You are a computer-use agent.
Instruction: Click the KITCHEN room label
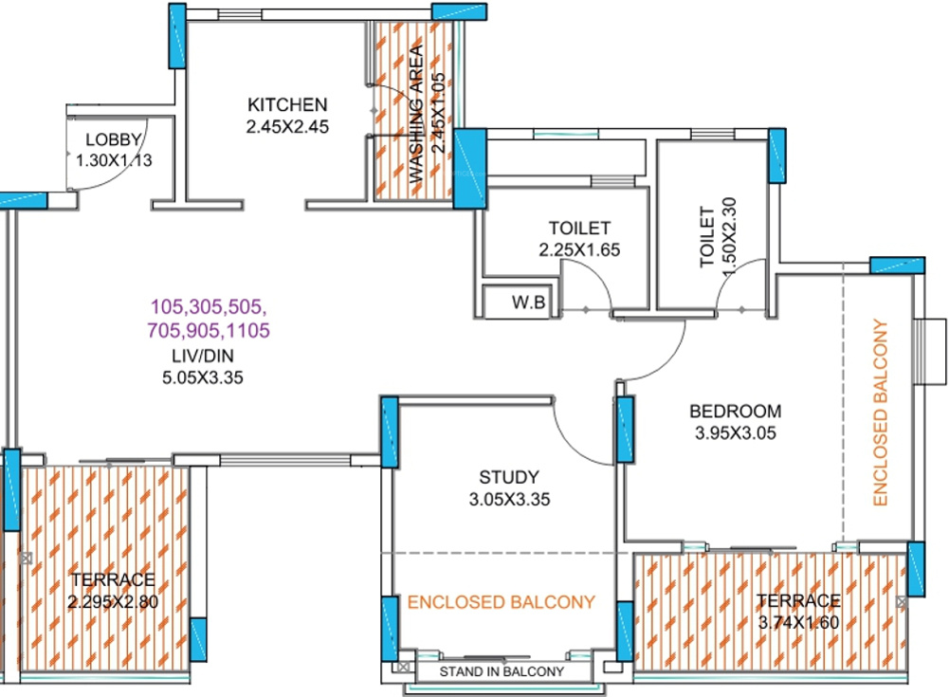[x=287, y=104]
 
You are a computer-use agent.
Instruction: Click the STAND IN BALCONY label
[x=502, y=672]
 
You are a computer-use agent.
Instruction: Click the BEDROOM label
[x=735, y=412]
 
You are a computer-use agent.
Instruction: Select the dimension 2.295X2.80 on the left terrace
[x=111, y=601]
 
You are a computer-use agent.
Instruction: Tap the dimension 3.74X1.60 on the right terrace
[x=798, y=622]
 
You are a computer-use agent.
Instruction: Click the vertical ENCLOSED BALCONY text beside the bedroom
[x=880, y=413]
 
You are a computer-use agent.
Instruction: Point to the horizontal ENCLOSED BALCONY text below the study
[x=502, y=601]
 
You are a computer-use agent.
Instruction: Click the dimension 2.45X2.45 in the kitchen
[x=287, y=126]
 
